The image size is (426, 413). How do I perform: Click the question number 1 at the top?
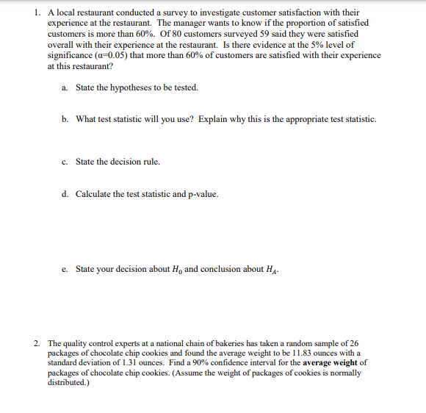tap(37, 12)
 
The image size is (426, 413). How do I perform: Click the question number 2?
tap(37, 343)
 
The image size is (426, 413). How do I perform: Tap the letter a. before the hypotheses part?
tap(65, 87)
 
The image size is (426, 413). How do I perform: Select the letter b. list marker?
tap(65, 119)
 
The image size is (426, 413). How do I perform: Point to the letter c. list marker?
tap(65, 162)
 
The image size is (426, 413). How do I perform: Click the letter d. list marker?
tap(65, 194)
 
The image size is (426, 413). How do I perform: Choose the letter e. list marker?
tap(65, 269)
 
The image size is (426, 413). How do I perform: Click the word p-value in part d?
tap(203, 194)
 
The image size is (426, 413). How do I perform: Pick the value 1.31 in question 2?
tap(123, 363)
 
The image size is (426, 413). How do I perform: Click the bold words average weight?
tap(325, 363)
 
